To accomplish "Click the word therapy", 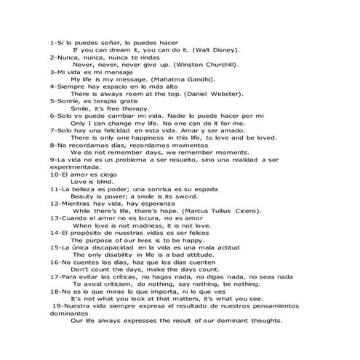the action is [x=132, y=108].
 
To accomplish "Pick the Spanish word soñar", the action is [x=104, y=42].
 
